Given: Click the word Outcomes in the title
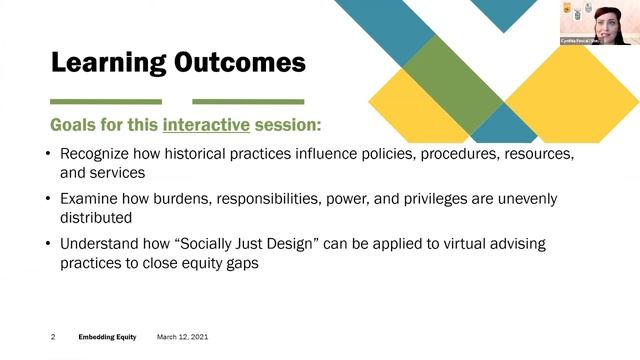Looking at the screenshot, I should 239,64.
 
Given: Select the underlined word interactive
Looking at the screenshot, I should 202,128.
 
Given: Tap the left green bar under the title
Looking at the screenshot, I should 106,101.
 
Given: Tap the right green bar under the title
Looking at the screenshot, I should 248,101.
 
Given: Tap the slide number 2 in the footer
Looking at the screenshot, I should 53,337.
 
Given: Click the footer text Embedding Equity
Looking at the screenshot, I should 108,337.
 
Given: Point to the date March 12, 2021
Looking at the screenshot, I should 182,337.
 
